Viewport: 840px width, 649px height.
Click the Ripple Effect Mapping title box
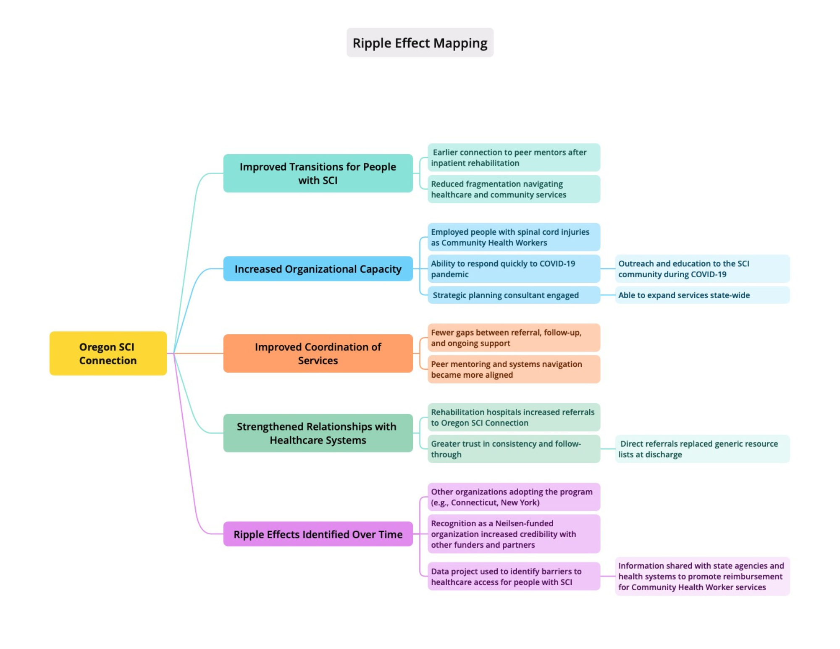click(x=420, y=43)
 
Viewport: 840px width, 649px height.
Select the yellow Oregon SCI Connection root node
click(x=108, y=353)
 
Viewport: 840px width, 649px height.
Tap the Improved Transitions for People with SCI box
click(x=318, y=173)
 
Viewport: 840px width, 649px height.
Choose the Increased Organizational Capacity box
click(x=318, y=269)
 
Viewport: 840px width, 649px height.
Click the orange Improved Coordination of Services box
click(x=318, y=353)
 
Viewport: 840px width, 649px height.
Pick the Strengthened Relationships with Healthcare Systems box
click(x=318, y=433)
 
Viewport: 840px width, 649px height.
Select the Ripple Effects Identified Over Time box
click(x=318, y=534)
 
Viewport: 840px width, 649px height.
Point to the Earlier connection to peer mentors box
click(x=514, y=158)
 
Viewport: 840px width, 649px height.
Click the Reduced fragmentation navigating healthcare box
click(x=514, y=189)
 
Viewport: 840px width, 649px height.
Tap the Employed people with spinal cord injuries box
click(x=514, y=237)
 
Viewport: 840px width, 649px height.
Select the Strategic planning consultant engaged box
click(x=514, y=295)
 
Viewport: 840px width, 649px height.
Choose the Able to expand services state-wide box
click(x=702, y=295)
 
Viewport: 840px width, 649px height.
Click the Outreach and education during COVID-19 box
click(x=702, y=269)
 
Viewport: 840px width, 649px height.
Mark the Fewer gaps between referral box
click(x=514, y=338)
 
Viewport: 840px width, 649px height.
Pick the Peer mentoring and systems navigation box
click(x=514, y=369)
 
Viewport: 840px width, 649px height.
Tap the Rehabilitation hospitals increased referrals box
click(x=514, y=417)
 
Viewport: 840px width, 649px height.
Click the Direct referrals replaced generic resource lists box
click(x=702, y=449)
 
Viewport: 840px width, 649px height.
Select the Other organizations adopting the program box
click(x=514, y=497)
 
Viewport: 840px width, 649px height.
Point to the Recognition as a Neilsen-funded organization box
click(x=514, y=534)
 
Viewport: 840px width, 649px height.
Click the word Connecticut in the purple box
click(x=474, y=503)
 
